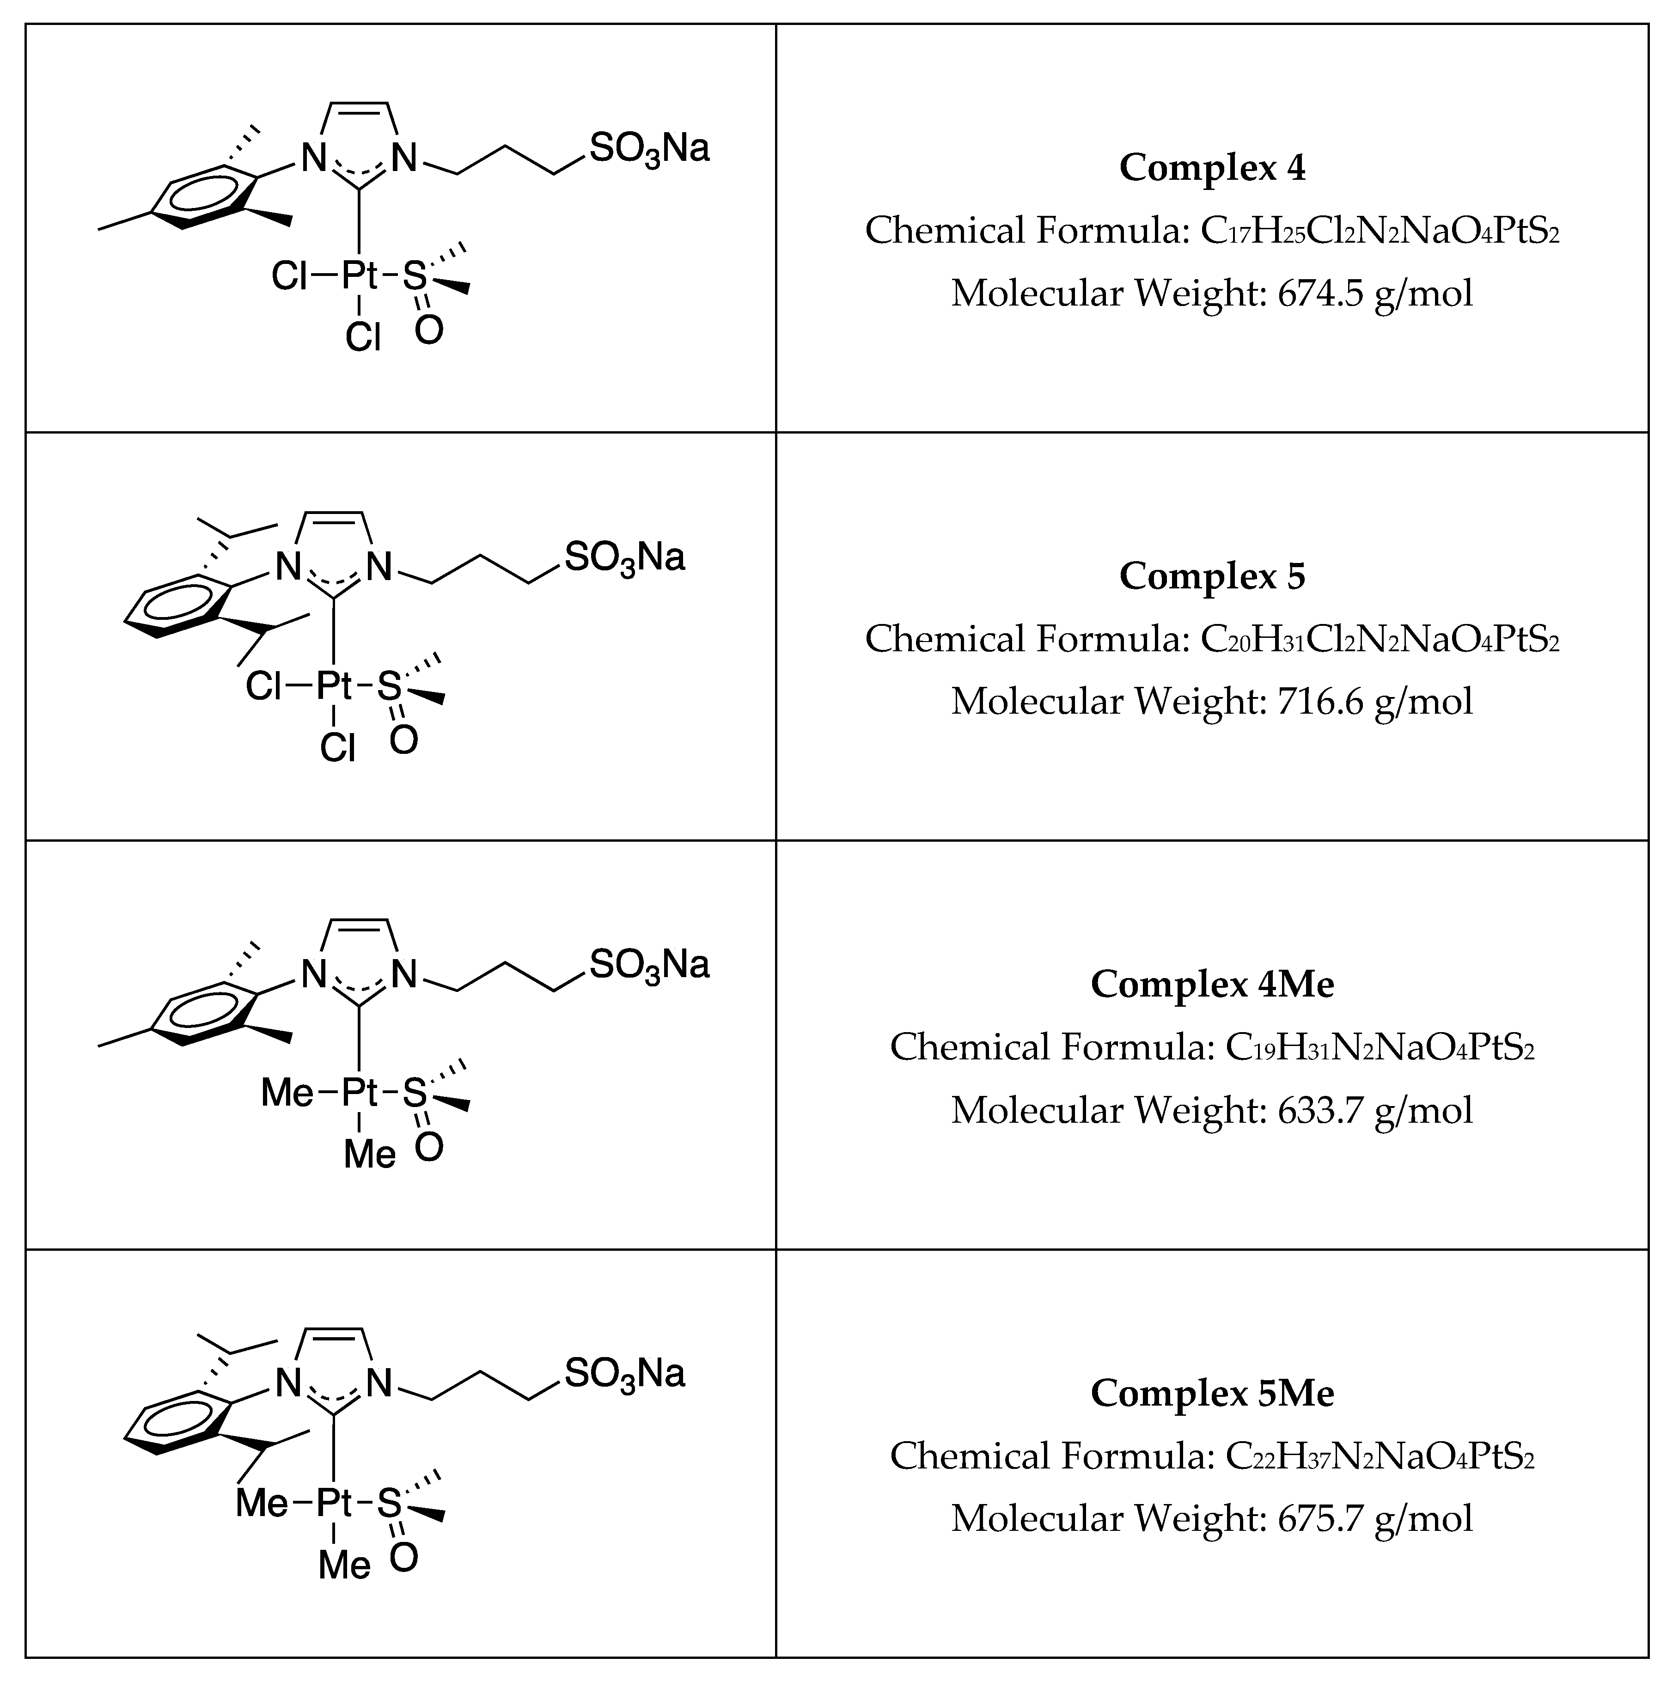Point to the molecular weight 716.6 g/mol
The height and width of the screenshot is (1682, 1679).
(1375, 702)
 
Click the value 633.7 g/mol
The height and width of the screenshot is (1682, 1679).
(1375, 1110)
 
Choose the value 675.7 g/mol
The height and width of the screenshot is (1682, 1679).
(1375, 1518)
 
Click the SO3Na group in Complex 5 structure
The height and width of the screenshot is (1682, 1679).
(624, 557)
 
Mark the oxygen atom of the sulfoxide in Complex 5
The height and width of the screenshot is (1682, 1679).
(404, 740)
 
